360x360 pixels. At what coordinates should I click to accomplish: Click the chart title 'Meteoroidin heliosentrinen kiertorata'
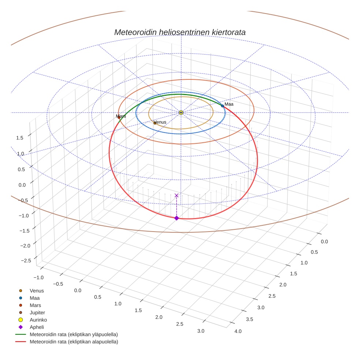click(180, 32)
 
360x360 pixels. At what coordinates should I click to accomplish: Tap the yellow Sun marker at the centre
click(181, 112)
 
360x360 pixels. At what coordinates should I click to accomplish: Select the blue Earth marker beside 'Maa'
click(222, 106)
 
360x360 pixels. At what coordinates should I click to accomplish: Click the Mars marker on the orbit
click(119, 117)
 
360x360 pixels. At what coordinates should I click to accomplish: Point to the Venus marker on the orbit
click(155, 123)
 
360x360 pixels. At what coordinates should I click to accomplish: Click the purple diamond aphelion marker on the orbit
click(177, 218)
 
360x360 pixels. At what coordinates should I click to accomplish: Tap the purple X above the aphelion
click(177, 195)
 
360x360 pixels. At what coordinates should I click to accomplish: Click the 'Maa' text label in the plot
click(229, 104)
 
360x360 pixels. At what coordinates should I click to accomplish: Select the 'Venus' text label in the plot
click(160, 122)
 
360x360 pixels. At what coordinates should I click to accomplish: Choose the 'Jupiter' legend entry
click(37, 312)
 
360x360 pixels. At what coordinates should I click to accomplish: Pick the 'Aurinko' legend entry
click(38, 320)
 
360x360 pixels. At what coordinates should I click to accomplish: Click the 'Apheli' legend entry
click(37, 327)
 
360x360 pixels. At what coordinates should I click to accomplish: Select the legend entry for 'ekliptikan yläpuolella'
click(74, 334)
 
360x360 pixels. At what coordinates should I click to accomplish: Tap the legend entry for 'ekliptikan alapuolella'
click(74, 342)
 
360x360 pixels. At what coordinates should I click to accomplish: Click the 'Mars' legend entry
click(35, 305)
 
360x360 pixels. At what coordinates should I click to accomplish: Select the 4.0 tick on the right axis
click(238, 331)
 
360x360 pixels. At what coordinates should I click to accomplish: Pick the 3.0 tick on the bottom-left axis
click(200, 331)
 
